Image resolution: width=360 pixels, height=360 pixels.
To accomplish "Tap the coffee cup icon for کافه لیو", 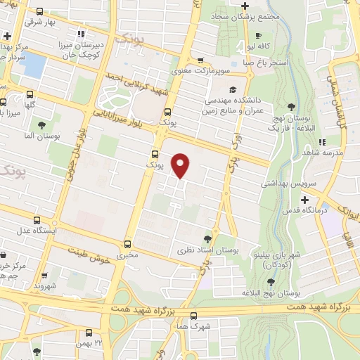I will pos(259,36).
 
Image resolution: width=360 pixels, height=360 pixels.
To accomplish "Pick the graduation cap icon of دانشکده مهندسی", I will pos(231,89).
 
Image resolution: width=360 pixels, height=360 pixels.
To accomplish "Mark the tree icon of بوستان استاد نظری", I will pos(207,238).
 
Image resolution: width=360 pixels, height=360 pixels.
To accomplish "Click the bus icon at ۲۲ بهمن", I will pos(89,333).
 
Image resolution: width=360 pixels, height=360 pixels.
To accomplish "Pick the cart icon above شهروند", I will pos(44,276).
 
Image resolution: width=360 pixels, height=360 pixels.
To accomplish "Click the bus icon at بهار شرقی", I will pos(39,11).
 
